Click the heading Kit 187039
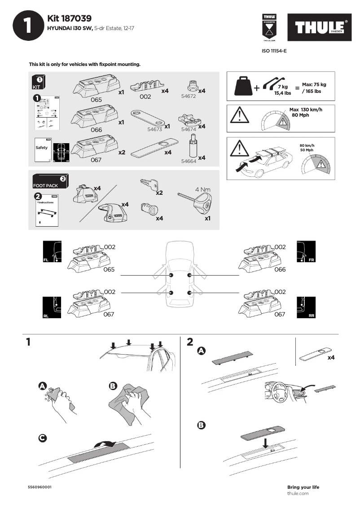[70, 18]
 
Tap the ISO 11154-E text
[274, 51]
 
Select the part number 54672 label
[189, 96]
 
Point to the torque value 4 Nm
[203, 189]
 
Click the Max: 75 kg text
[314, 85]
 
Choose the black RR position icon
[306, 308]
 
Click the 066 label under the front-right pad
[280, 270]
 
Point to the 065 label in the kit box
[96, 100]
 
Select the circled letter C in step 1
[43, 438]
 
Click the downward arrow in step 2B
[266, 443]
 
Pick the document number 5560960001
[42, 487]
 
